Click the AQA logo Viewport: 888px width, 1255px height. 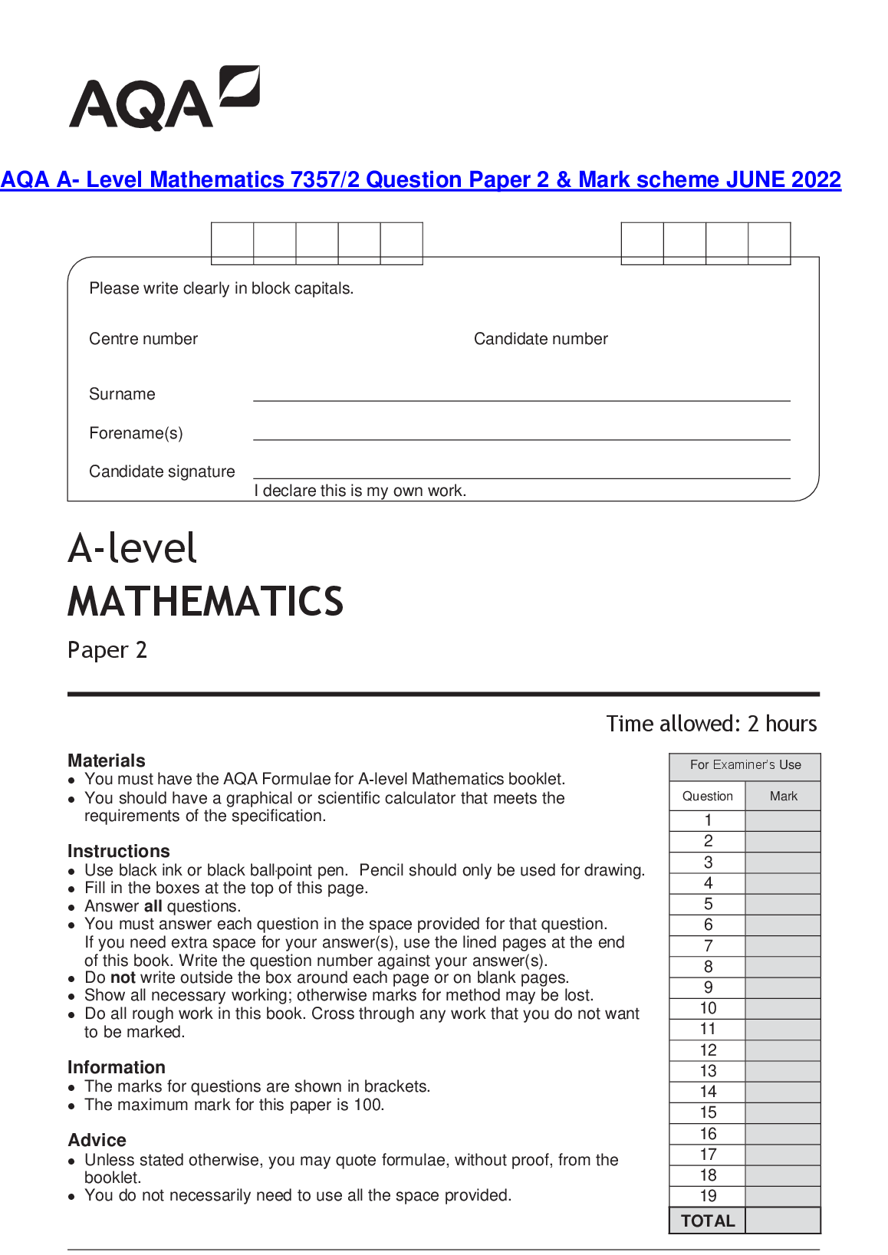(x=164, y=99)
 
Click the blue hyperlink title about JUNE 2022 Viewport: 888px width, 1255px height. (x=421, y=179)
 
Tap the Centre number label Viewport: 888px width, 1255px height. (x=143, y=339)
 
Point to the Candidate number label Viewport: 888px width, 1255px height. (x=541, y=339)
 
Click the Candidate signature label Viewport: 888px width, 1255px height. (x=162, y=471)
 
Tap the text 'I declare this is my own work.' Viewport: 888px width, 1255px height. (x=360, y=491)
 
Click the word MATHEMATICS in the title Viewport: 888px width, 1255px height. (x=206, y=601)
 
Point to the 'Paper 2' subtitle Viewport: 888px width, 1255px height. (x=107, y=650)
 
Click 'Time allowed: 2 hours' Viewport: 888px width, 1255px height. (x=712, y=724)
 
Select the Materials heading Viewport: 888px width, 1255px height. (x=107, y=761)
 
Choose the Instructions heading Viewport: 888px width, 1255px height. (x=119, y=851)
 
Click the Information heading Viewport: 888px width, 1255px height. (x=117, y=1067)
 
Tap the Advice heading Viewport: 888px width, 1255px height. (x=97, y=1140)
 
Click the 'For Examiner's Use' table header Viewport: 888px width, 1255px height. (x=745, y=765)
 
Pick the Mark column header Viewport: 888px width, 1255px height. (x=783, y=797)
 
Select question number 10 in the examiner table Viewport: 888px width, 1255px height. (x=708, y=1009)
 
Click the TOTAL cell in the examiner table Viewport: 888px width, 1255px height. (x=708, y=1221)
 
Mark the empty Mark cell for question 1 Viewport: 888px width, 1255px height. (x=783, y=820)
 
